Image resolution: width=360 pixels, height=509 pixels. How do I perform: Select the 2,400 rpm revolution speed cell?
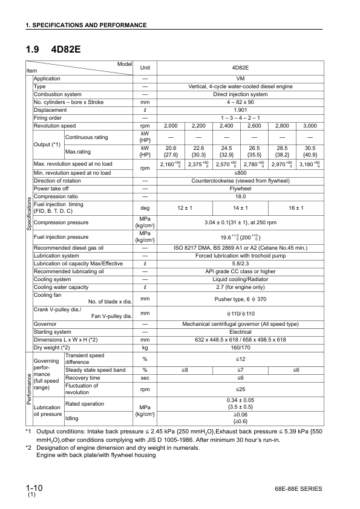click(x=226, y=126)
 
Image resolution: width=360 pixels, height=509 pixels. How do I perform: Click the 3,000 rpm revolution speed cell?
click(x=310, y=126)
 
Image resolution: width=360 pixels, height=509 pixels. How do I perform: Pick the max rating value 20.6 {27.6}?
click(x=171, y=151)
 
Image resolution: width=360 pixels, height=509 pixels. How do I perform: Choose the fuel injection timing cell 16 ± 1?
click(x=296, y=208)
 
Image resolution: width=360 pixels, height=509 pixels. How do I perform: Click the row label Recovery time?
click(x=82, y=377)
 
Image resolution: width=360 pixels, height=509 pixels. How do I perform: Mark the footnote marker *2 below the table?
click(x=28, y=447)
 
